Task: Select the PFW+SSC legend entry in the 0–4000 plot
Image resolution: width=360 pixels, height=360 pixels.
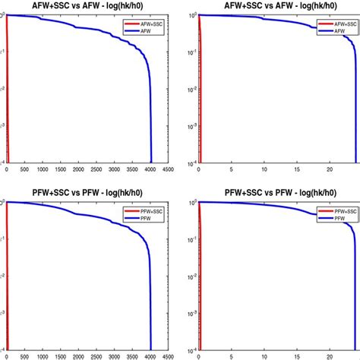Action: click(x=147, y=210)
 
